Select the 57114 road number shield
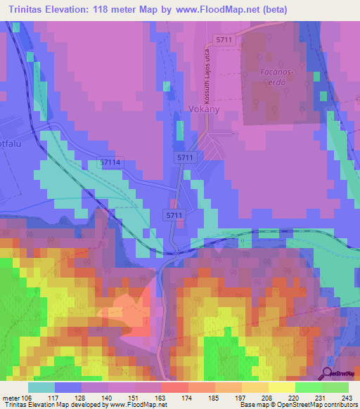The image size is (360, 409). tap(110, 162)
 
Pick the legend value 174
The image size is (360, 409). tap(187, 398)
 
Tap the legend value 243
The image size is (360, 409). tap(347, 398)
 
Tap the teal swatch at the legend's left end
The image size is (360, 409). tap(41, 387)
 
